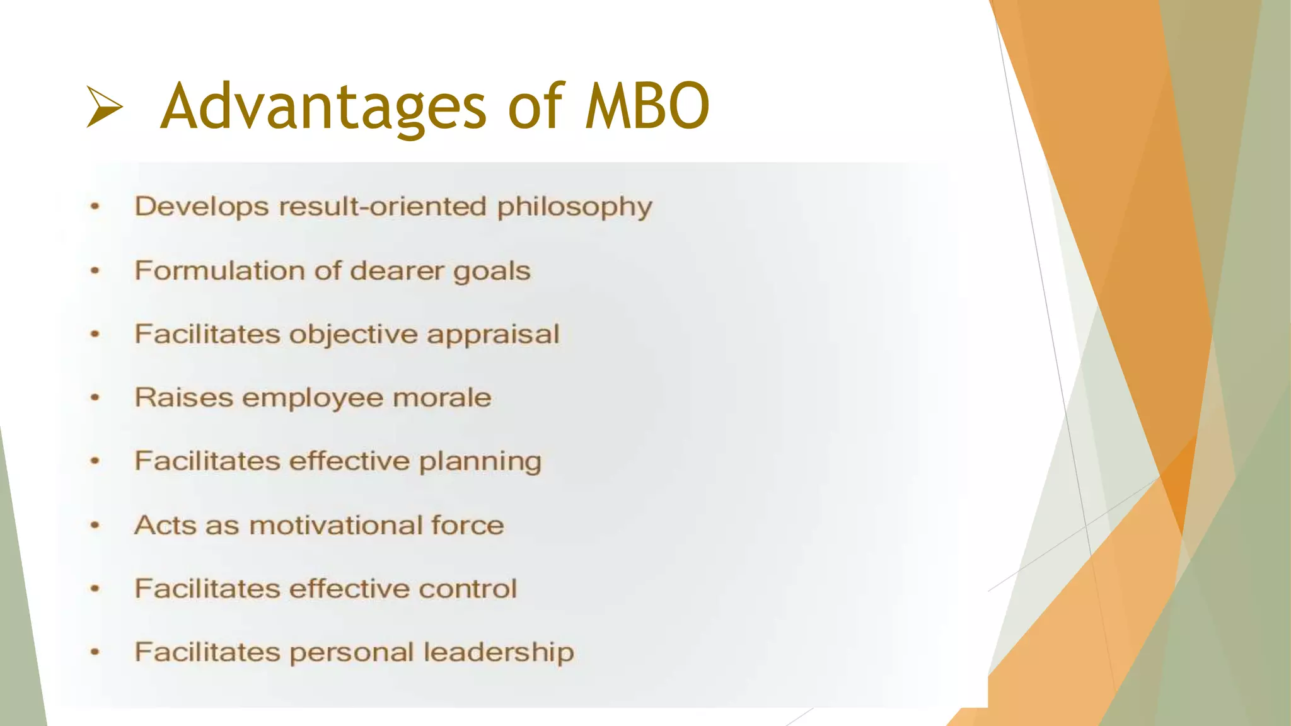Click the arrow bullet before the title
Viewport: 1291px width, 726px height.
point(105,107)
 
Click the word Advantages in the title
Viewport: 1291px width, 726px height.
point(323,107)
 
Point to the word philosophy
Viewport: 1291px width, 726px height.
point(574,207)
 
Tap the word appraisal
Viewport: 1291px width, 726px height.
point(493,335)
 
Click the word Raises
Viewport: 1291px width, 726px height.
point(183,398)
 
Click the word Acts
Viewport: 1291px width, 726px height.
point(165,525)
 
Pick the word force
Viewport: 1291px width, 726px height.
point(468,525)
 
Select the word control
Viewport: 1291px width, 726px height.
point(468,589)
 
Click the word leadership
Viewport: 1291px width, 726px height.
point(499,652)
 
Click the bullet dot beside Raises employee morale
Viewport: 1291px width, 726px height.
point(95,398)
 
